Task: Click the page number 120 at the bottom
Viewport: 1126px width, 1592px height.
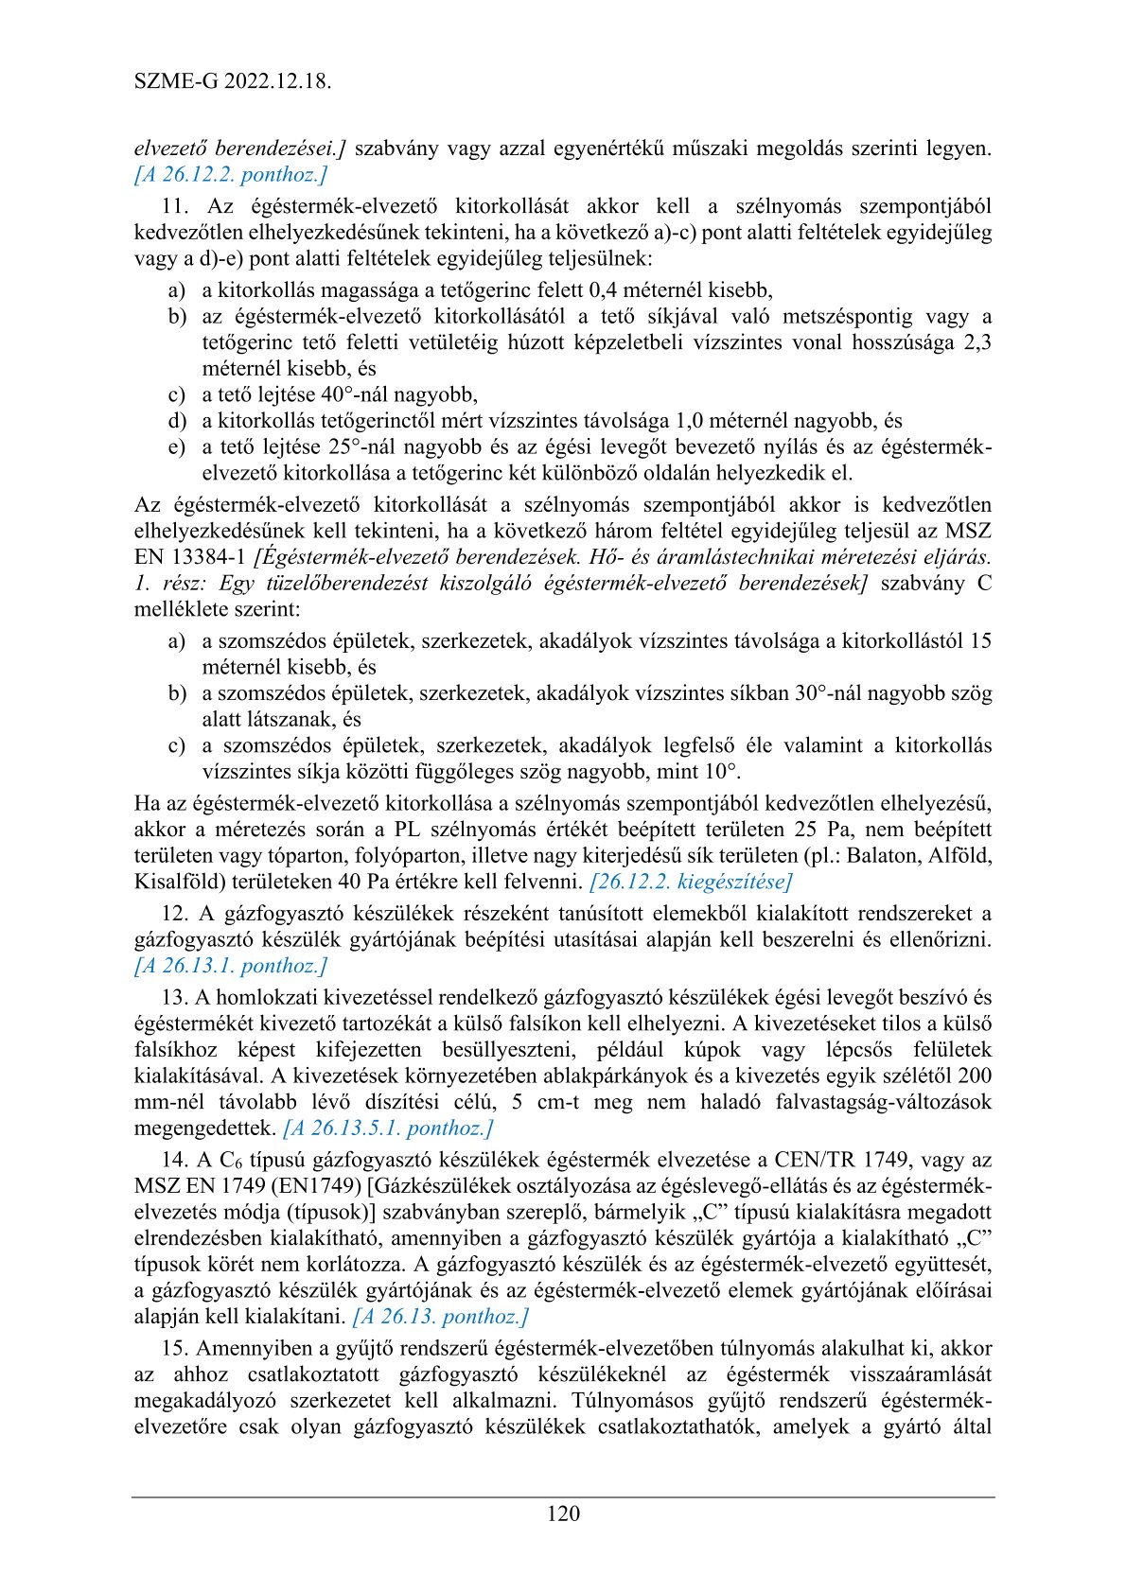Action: (563, 1513)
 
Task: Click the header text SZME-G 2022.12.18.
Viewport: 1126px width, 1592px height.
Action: (232, 81)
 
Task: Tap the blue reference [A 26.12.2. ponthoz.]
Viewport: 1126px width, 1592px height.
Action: (231, 174)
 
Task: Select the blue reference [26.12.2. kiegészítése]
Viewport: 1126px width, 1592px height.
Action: (690, 882)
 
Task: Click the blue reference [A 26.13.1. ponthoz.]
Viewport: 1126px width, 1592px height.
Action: (231, 966)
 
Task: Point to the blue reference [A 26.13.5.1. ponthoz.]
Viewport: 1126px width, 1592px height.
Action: (388, 1128)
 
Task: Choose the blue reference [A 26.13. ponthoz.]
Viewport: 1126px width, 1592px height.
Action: (440, 1316)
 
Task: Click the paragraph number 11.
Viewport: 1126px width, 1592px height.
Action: (177, 206)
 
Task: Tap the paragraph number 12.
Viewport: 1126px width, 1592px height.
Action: (175, 914)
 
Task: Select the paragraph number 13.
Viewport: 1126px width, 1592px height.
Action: (175, 997)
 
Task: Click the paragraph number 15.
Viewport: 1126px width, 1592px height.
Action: (175, 1348)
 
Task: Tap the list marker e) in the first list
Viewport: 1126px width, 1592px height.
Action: (177, 446)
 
